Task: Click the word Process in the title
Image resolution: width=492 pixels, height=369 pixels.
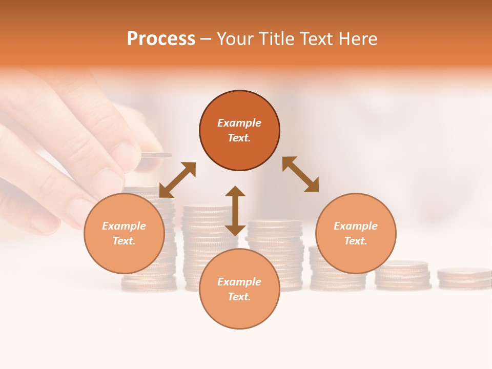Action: click(161, 39)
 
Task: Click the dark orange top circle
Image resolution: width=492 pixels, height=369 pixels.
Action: click(239, 108)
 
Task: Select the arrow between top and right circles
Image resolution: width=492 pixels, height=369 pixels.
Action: click(301, 174)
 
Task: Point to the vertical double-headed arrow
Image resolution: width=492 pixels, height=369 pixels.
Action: click(235, 211)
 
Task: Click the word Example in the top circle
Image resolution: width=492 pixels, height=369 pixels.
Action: click(239, 123)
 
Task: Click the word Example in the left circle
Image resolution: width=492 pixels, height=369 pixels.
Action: click(124, 226)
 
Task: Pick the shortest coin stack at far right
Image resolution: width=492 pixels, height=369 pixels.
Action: click(464, 277)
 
